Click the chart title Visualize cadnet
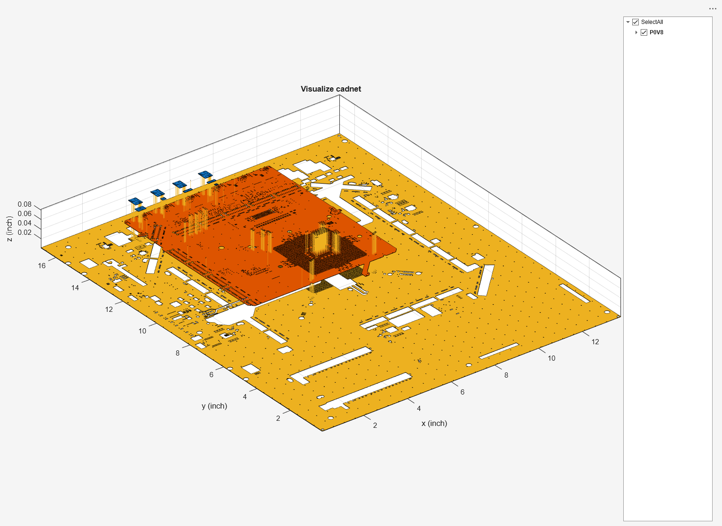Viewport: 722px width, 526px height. [x=330, y=89]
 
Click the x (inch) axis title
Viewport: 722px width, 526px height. [x=434, y=423]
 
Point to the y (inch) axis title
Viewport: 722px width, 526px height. [x=214, y=406]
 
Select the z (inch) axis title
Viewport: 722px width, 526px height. [x=9, y=229]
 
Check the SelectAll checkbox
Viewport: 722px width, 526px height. [x=636, y=22]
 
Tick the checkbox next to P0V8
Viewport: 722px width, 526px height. [x=644, y=32]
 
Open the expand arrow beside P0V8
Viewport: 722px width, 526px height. [x=636, y=32]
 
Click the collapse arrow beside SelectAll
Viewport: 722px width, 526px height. [x=628, y=22]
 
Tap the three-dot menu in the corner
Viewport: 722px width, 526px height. [x=713, y=9]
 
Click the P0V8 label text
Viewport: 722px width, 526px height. [x=656, y=32]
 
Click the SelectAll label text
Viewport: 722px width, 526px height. [x=652, y=22]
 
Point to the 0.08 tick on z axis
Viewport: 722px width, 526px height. [x=24, y=204]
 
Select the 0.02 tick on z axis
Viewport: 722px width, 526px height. [x=24, y=232]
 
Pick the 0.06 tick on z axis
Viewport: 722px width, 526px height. [x=24, y=214]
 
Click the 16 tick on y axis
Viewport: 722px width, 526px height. [x=42, y=266]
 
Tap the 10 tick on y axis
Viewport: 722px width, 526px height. [x=142, y=331]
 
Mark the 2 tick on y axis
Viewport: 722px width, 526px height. [x=278, y=418]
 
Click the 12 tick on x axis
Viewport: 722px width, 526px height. [x=595, y=342]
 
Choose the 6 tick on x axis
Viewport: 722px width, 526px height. [x=463, y=392]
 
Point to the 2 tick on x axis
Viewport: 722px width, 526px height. [x=375, y=425]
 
